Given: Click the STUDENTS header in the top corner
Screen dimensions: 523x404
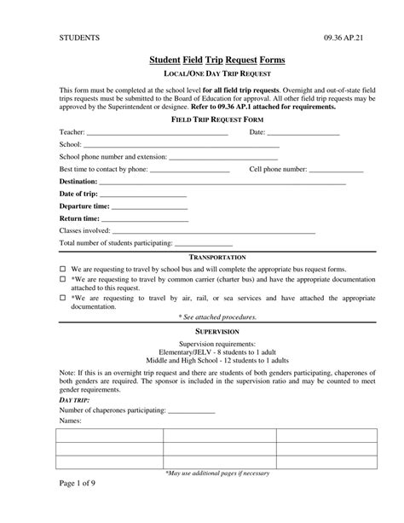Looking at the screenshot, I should [x=79, y=38].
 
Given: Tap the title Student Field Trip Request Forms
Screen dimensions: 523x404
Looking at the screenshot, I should [x=216, y=61].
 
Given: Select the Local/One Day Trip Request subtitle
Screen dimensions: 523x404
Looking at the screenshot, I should [x=216, y=73].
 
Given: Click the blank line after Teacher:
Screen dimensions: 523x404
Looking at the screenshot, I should [x=157, y=135].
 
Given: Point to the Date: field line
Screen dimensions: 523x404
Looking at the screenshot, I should [x=303, y=135].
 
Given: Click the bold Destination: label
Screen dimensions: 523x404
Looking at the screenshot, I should [x=78, y=182].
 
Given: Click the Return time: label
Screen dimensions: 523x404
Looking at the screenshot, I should [x=80, y=218].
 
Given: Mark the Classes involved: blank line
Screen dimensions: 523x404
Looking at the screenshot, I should [x=213, y=232].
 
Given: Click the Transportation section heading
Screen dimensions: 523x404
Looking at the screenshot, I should [x=217, y=257].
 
